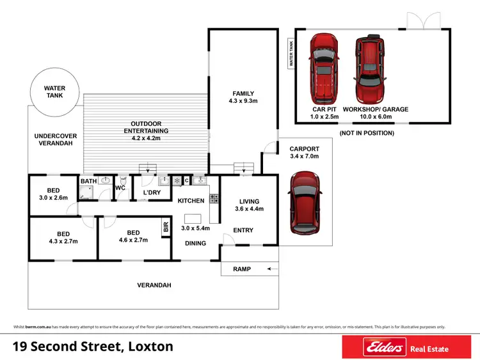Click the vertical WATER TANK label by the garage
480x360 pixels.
pos(291,54)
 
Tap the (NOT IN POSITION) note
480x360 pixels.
pos(367,132)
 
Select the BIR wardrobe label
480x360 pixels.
pos(166,226)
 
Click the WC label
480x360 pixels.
pos(120,188)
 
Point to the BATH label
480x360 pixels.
pos(88,182)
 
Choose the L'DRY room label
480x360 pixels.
pos(151,192)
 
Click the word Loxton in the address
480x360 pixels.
pos(148,347)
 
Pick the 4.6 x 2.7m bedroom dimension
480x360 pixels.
pos(133,241)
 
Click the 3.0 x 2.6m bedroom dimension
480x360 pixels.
pos(53,199)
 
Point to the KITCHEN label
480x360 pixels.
pos(191,201)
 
